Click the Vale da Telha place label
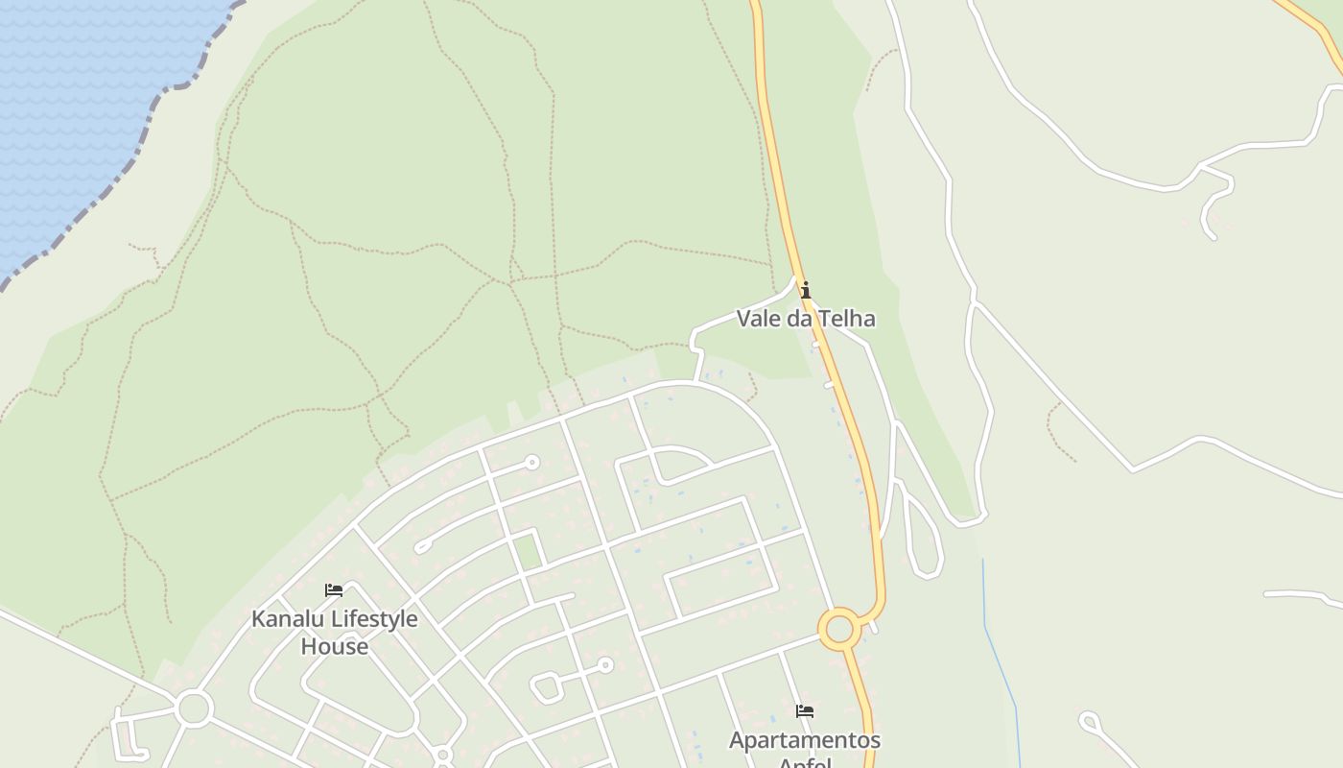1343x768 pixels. click(x=805, y=318)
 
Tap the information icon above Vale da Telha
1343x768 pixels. click(x=806, y=290)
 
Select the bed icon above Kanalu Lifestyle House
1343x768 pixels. click(x=334, y=590)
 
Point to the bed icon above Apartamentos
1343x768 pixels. click(x=805, y=711)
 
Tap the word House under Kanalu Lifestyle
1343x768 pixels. click(x=334, y=646)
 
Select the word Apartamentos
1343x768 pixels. click(x=805, y=740)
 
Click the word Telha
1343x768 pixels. click(x=847, y=318)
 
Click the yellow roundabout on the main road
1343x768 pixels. click(x=839, y=630)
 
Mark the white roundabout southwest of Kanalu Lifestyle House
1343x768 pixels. click(x=194, y=708)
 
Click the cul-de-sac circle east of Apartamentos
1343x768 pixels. click(x=1089, y=720)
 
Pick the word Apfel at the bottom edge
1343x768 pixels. click(x=805, y=763)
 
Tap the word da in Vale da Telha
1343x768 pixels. click(x=800, y=318)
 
